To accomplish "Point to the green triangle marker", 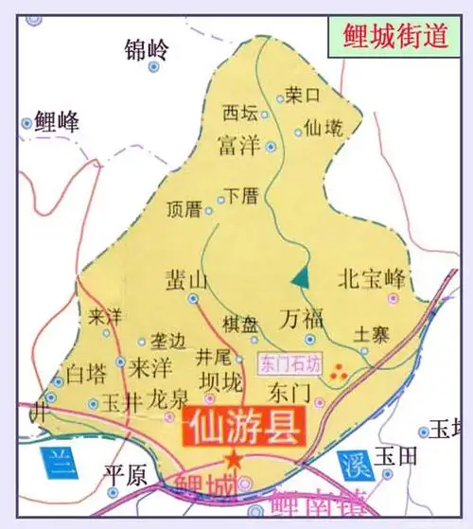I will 300,276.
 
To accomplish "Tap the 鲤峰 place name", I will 57,121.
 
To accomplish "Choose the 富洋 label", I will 236,147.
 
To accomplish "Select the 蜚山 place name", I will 185,279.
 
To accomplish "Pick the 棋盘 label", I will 239,323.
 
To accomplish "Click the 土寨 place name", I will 370,333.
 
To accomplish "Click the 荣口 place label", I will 305,95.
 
